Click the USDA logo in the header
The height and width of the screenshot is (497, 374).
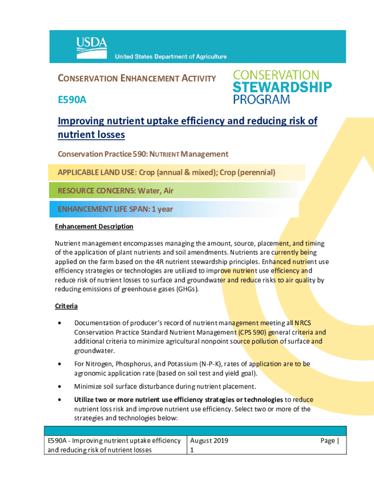91,44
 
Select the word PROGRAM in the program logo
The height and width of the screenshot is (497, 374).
261,99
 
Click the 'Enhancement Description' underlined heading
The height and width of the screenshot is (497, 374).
94,227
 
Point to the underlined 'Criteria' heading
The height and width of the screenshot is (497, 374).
66,306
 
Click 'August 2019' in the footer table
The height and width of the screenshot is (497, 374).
209,441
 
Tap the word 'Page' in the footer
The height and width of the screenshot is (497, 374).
327,441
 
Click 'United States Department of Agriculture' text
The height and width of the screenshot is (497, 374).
170,57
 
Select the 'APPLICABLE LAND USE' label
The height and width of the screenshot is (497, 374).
97,172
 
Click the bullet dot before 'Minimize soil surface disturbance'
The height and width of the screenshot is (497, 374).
59,387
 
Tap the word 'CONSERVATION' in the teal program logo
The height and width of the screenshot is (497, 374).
276,75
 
